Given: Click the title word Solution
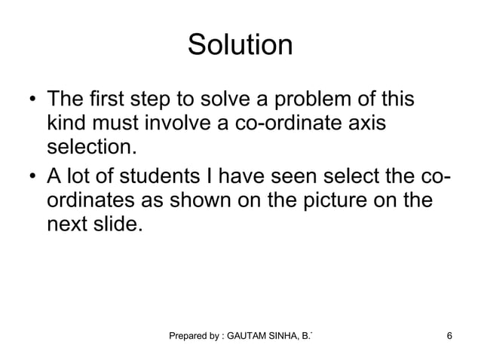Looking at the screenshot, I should click(240, 45).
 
